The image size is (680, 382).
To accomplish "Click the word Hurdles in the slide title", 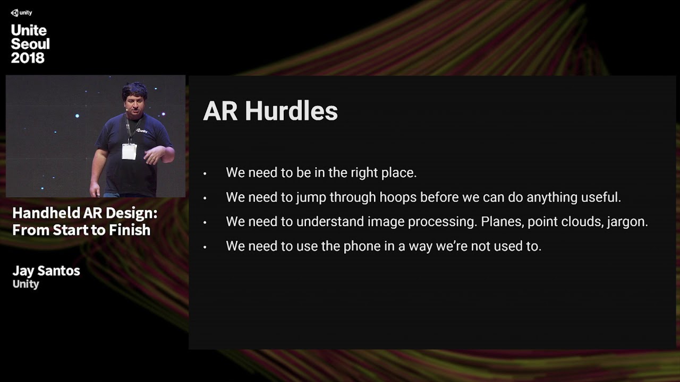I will tap(291, 111).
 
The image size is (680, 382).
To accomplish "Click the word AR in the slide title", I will tap(220, 111).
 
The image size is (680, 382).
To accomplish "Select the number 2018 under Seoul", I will tap(28, 58).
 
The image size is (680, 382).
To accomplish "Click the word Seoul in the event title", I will tap(30, 44).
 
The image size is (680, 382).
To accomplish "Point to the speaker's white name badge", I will tap(129, 151).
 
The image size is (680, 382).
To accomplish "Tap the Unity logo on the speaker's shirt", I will tap(141, 130).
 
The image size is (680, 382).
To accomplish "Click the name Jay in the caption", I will tap(23, 271).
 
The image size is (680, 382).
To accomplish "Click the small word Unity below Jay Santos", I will tap(26, 284).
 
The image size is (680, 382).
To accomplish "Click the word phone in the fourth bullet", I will tap(362, 246).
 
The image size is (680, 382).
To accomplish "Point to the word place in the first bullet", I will tap(399, 173).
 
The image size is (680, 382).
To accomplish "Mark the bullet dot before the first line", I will tap(205, 173).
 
